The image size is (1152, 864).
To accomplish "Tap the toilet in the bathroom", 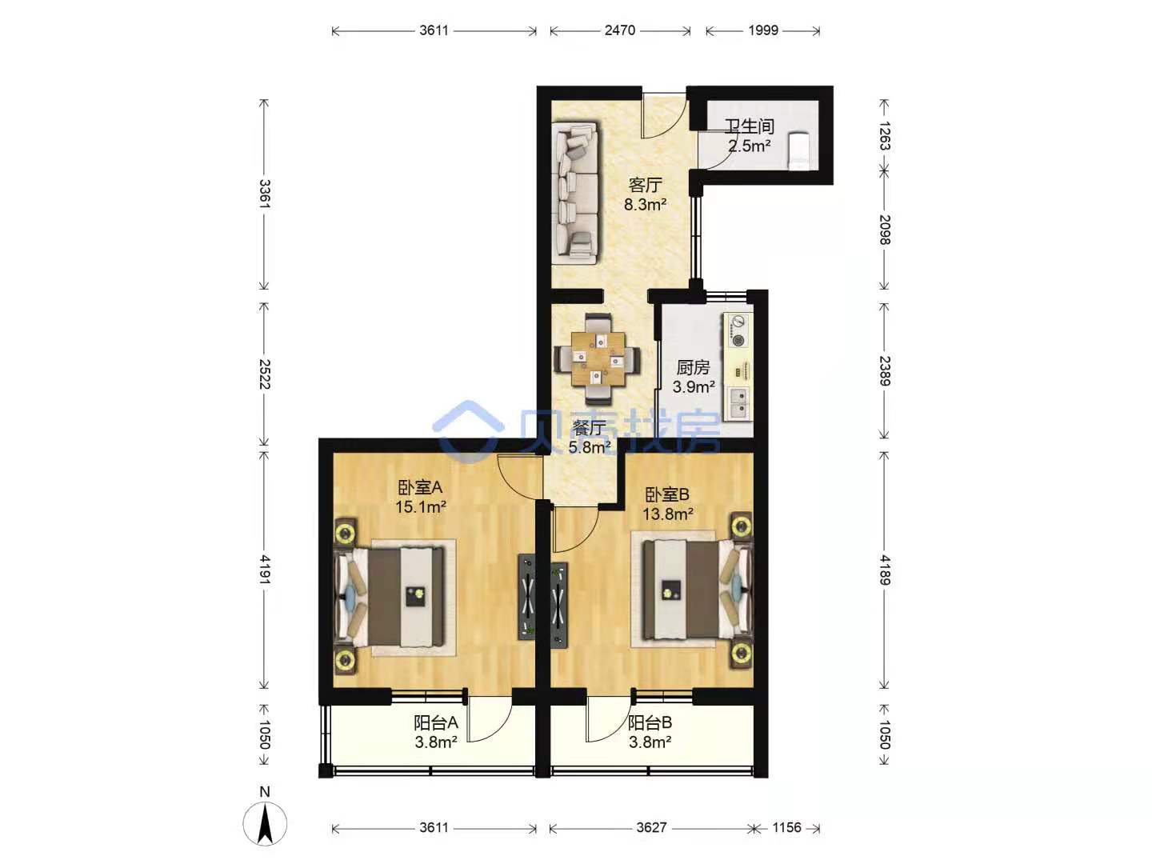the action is point(798,150).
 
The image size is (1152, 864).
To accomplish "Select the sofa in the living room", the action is point(574,193).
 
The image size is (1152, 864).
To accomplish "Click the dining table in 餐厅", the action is point(598,359).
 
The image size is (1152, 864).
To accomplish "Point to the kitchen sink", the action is point(738,404).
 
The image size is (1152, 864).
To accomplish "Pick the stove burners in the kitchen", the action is point(738,331).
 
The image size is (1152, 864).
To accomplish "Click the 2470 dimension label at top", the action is point(619,30).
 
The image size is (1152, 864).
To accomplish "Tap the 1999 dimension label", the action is point(762,30).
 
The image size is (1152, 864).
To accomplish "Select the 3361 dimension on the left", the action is point(265,194).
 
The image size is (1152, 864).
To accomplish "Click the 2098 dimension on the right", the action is point(884,230).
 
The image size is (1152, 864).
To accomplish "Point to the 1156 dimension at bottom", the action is point(786,827).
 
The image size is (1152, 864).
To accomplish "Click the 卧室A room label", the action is point(420,487).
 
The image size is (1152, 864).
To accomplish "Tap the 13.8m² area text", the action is point(667,514).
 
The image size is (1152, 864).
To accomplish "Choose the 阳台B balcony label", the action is point(650,723).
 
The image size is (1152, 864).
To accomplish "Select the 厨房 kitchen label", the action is point(694,367).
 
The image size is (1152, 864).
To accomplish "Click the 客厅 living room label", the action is point(645,185).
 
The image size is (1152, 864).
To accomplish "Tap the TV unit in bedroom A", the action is point(526,597).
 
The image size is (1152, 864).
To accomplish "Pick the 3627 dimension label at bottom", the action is point(651,827).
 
